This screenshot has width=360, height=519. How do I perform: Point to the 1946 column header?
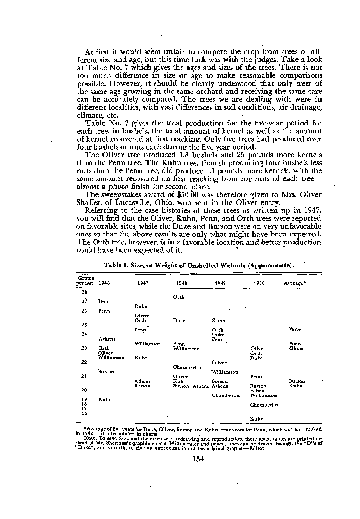pos(104,283)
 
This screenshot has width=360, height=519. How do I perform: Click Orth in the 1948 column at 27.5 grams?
pos(179,297)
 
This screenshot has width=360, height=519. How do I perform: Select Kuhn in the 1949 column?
pos(218,321)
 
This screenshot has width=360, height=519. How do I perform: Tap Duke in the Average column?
pos(295,330)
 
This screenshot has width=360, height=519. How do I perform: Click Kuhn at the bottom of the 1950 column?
pos(256,419)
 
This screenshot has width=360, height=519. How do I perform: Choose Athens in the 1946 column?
pos(107,339)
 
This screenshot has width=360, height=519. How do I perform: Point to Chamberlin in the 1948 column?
pos(187,367)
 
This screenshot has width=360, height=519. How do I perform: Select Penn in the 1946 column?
pos(104,311)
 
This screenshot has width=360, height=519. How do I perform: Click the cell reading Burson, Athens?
pos(191,386)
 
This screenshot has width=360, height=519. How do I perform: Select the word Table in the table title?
pos(112,266)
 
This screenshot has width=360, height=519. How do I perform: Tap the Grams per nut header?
pos(86,281)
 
